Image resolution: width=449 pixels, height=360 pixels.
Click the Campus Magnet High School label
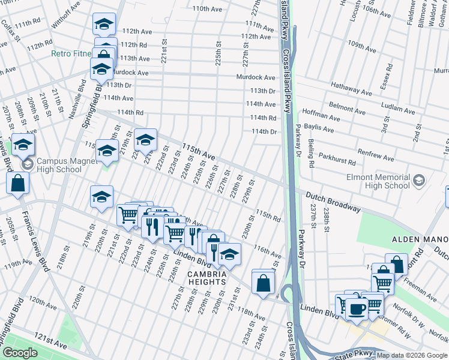coord(58,165)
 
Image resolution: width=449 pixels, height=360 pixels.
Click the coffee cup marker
coord(357,309)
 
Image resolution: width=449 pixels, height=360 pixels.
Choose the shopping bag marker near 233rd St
coord(263,282)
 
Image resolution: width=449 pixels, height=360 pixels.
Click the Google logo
coord(20,353)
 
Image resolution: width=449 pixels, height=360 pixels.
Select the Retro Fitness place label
coord(71,53)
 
